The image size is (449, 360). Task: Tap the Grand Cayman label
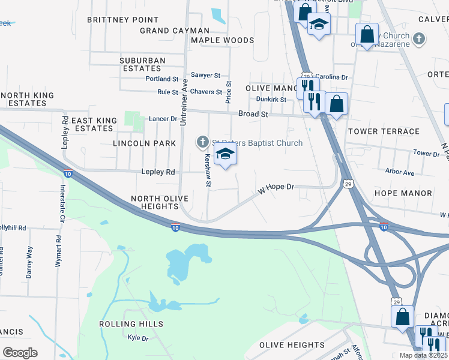tap(175, 31)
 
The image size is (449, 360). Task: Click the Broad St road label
tap(253, 113)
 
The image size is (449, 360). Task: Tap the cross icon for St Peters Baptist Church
tap(203, 142)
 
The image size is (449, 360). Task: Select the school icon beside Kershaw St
tap(226, 154)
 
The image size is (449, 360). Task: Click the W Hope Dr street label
tap(276, 188)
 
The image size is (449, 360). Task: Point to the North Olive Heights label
tap(160, 202)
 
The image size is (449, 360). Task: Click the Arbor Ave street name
tap(400, 173)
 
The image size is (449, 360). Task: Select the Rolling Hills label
tap(131, 324)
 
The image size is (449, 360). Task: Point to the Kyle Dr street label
tap(138, 338)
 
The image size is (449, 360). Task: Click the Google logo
tap(20, 353)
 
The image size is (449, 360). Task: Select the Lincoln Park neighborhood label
tap(145, 143)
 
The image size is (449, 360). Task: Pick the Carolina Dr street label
tap(332, 77)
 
